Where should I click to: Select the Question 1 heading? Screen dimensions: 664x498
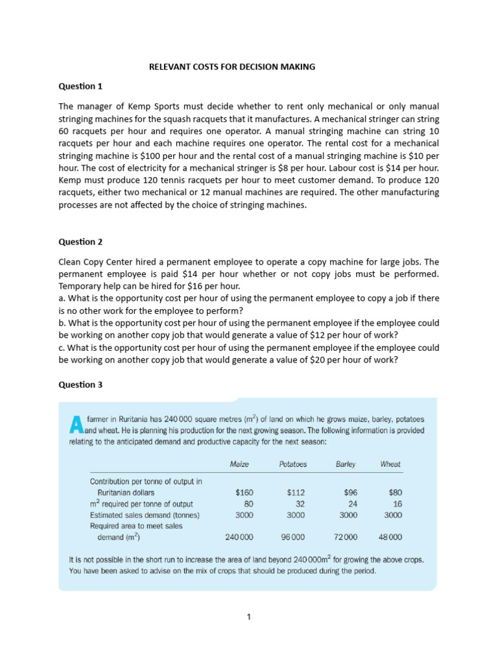tap(80, 86)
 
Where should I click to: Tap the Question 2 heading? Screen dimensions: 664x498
tap(80, 242)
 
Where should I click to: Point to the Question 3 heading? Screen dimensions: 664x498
tap(80, 385)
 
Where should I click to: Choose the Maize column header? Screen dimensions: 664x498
tap(240, 464)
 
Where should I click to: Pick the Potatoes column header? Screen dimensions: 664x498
tap(292, 464)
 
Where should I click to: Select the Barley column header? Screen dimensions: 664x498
tap(346, 464)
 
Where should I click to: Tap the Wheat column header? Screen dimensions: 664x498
tap(390, 464)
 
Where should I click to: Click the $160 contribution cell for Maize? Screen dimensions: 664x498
tap(244, 493)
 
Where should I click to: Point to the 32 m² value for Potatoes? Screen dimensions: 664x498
tap(300, 504)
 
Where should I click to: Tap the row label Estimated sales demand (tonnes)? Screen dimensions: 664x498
tap(145, 515)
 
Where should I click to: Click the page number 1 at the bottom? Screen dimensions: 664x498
tap(248, 617)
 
